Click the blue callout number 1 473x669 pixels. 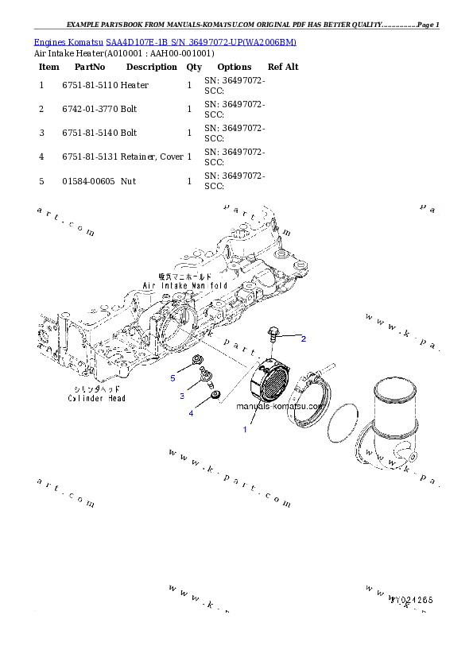(245, 429)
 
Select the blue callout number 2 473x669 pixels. (303, 338)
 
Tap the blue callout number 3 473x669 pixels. (181, 396)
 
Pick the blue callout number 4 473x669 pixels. (191, 413)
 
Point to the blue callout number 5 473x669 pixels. (173, 378)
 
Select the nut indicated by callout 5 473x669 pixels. (196, 365)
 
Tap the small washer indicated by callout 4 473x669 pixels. (213, 393)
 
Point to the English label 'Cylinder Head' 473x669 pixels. (96, 398)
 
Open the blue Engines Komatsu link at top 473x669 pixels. (165, 42)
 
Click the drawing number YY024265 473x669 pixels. (411, 600)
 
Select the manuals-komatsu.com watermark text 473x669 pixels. (280, 406)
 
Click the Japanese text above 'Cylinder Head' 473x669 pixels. (96, 389)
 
